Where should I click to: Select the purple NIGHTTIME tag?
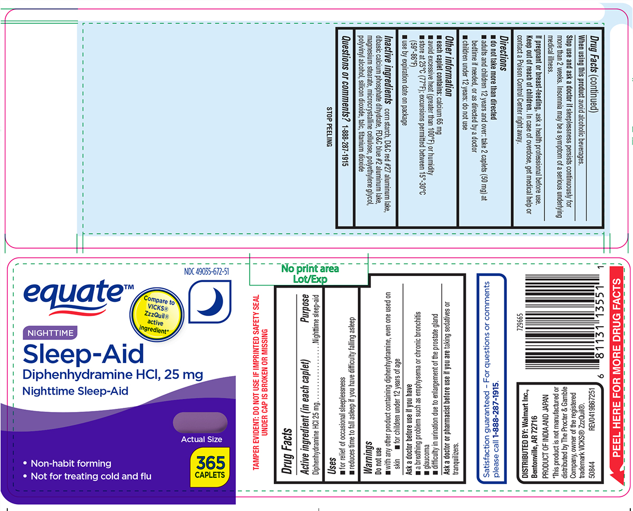(x=50, y=332)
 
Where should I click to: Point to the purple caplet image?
(x=200, y=423)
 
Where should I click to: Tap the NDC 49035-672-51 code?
(x=206, y=272)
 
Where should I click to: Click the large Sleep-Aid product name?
(x=83, y=355)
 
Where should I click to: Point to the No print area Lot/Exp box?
(x=310, y=274)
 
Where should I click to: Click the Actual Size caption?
(x=202, y=439)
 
